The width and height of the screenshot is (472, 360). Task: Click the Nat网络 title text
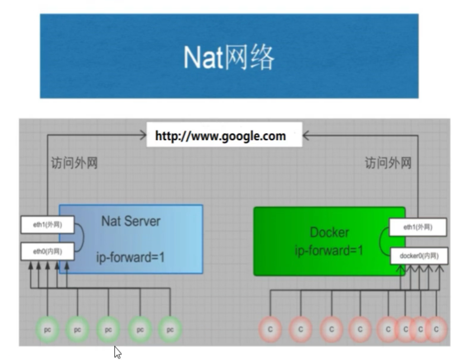(229, 57)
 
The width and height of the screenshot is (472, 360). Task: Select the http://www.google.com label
(221, 136)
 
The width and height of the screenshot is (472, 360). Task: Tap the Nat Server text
(131, 221)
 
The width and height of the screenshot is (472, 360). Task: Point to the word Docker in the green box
(329, 233)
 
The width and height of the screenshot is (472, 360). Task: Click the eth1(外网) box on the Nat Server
(48, 225)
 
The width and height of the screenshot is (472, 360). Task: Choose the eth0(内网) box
(48, 252)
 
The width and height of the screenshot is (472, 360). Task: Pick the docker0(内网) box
(419, 256)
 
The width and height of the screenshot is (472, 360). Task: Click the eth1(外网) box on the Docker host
(418, 227)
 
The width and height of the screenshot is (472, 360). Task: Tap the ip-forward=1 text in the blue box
(130, 257)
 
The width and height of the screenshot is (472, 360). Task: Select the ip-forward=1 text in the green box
(329, 250)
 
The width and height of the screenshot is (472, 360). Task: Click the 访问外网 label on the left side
(74, 163)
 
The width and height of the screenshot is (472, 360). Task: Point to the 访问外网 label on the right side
(388, 163)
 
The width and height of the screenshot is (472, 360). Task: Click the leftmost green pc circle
(48, 330)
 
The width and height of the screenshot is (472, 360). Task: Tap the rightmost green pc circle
(170, 330)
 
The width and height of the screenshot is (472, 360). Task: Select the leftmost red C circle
(270, 329)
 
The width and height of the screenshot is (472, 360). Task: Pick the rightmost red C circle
(436, 329)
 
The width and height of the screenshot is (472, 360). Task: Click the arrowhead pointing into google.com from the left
(143, 135)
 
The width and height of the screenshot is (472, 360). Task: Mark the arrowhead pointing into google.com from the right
(306, 136)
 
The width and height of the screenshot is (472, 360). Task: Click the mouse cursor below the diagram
(117, 352)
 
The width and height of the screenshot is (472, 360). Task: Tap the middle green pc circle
(108, 330)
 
